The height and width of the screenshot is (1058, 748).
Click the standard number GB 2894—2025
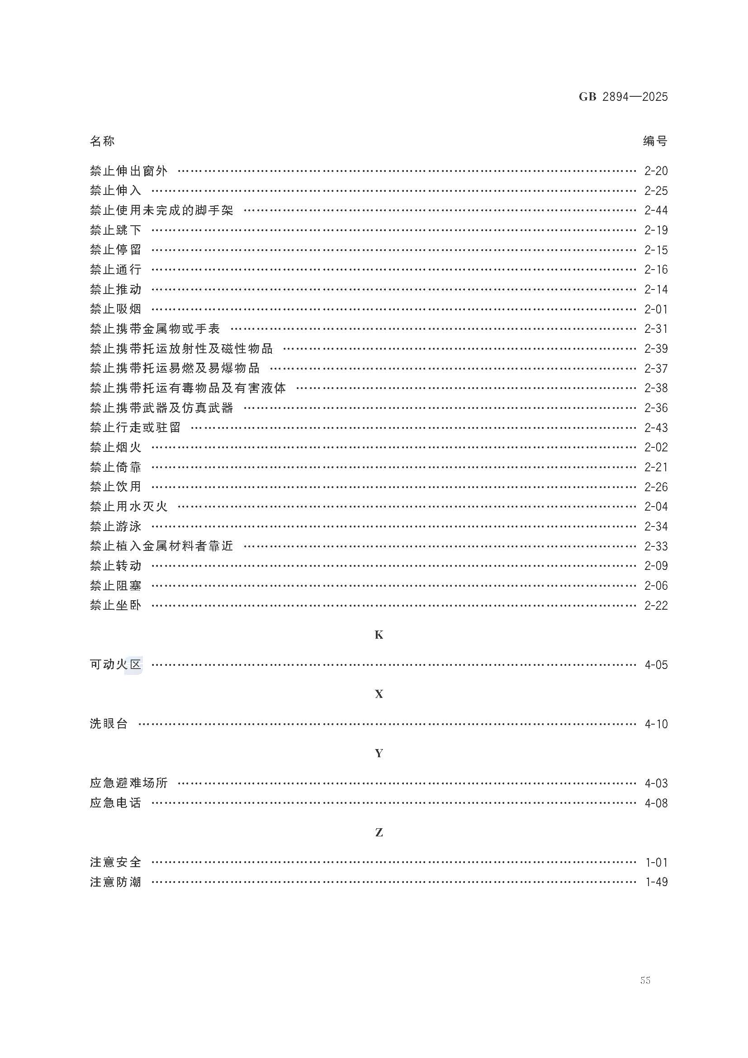[623, 97]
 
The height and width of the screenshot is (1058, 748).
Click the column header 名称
[102, 141]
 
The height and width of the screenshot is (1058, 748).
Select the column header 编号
[655, 141]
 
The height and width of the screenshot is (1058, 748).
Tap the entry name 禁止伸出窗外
[129, 171]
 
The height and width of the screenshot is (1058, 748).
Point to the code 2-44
[656, 211]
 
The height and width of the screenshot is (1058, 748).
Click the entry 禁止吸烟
[116, 309]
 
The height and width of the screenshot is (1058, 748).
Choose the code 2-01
[656, 309]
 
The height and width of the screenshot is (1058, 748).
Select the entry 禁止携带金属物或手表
[155, 329]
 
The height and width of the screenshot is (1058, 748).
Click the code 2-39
[656, 349]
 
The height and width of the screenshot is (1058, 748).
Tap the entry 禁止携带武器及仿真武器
[161, 408]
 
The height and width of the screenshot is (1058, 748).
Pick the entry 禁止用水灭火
[129, 507]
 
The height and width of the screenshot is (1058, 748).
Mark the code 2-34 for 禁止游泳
[656, 526]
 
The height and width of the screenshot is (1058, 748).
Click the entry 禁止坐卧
[116, 606]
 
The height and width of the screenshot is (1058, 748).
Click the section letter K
[379, 635]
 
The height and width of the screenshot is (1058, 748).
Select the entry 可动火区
[116, 664]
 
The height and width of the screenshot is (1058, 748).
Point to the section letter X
[379, 694]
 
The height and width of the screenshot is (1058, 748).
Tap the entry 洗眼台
[109, 724]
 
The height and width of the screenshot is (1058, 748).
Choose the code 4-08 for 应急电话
[656, 803]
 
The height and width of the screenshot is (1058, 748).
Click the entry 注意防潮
[116, 882]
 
